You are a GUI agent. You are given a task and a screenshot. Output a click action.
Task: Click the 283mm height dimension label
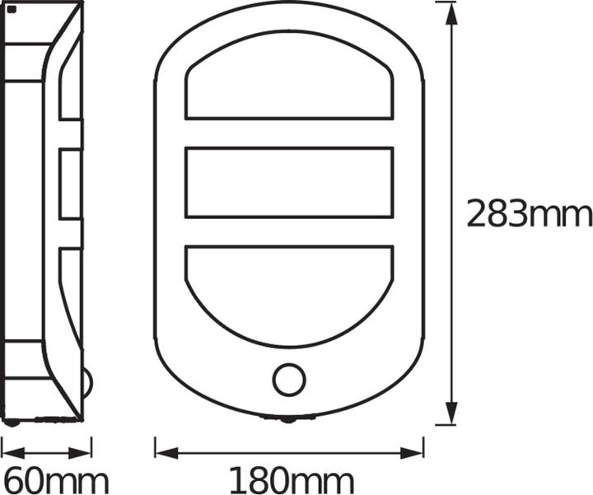pyautogui.click(x=529, y=214)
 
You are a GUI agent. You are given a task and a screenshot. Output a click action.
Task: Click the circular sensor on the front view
pyautogui.click(x=289, y=380)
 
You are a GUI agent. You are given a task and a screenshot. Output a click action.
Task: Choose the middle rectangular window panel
pyautogui.click(x=289, y=183)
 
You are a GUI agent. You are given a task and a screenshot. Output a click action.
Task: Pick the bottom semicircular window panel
pyautogui.click(x=289, y=288)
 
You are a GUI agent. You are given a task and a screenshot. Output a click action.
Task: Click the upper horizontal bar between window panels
pyautogui.click(x=289, y=133)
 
